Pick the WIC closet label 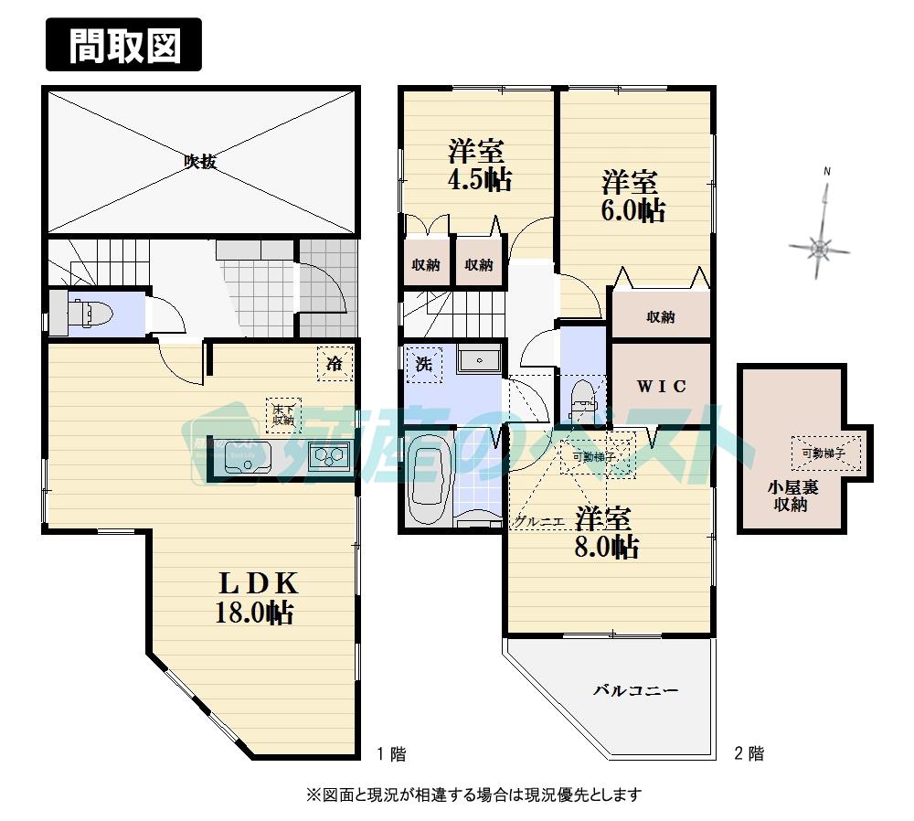point(661,386)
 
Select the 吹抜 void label point(200,162)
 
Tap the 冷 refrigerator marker point(335,362)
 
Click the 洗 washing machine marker point(424,362)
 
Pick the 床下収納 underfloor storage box point(282,414)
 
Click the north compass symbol point(822,244)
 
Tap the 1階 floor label point(391,754)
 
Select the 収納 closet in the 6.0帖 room point(660,317)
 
